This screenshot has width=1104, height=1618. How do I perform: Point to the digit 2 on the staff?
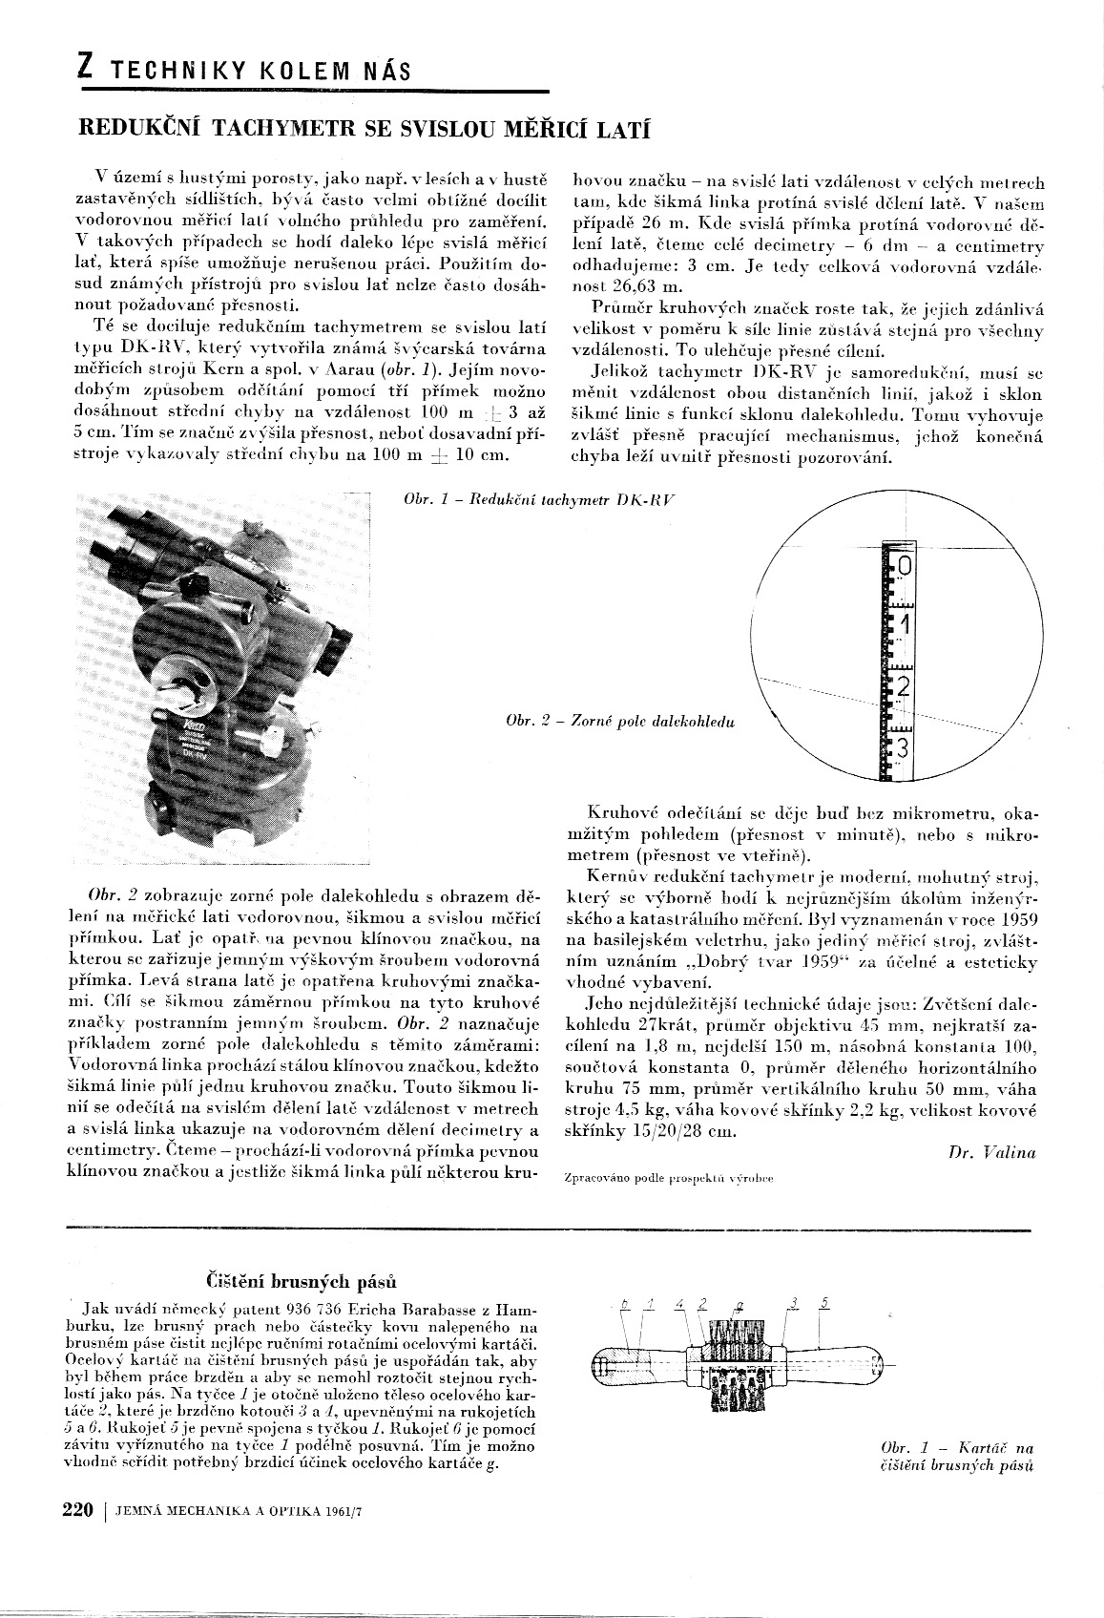[905, 685]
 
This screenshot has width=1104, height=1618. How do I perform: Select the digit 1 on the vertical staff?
[906, 625]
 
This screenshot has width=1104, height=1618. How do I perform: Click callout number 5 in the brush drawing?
[824, 1303]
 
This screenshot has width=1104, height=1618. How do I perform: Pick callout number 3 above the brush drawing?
[793, 1303]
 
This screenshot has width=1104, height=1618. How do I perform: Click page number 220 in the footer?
[77, 1510]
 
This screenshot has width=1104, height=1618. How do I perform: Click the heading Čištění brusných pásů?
[302, 1279]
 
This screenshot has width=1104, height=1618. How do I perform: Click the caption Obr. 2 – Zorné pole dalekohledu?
[620, 722]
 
